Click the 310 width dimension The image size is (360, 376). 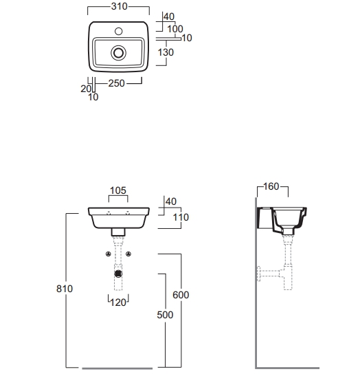pyautogui.click(x=119, y=6)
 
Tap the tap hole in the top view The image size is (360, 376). pyautogui.click(x=119, y=31)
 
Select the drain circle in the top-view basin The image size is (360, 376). pyautogui.click(x=118, y=53)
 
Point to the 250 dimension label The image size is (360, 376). pyautogui.click(x=116, y=83)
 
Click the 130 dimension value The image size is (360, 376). pyautogui.click(x=166, y=52)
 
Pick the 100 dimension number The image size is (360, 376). pyautogui.click(x=175, y=29)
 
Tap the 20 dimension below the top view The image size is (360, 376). pyautogui.click(x=86, y=89)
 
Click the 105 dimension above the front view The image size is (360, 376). pyautogui.click(x=118, y=190)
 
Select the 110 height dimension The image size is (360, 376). pyautogui.click(x=181, y=217)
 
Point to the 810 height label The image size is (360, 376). pyautogui.click(x=65, y=289)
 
